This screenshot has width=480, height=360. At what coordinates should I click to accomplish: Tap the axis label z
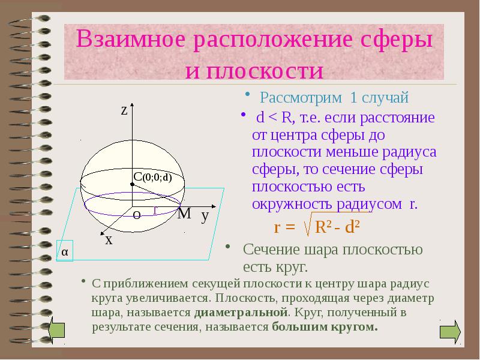(124, 110)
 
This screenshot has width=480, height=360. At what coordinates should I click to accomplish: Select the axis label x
(109, 239)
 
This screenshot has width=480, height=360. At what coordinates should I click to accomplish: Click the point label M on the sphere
(184, 213)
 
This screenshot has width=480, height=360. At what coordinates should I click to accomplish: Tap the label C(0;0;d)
(152, 177)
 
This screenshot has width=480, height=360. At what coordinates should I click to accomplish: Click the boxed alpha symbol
(64, 253)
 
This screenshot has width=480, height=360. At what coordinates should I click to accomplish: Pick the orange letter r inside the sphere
(155, 209)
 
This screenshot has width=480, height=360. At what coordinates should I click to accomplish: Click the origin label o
(136, 215)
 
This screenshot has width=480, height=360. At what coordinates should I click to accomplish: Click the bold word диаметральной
(241, 313)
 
